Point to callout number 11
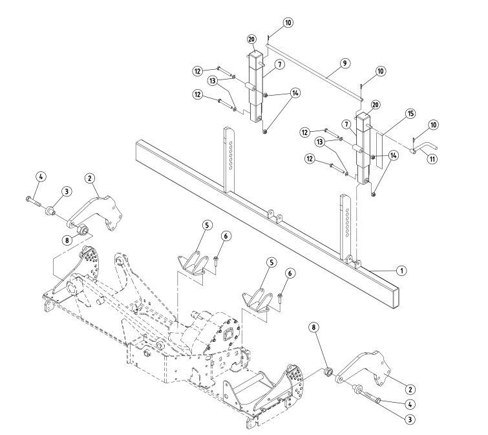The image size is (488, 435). pyautogui.click(x=432, y=158)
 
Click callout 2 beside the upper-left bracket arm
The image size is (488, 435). pyautogui.click(x=90, y=176)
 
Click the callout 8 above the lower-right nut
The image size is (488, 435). pyautogui.click(x=315, y=328)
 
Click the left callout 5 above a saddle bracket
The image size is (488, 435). pyautogui.click(x=206, y=224)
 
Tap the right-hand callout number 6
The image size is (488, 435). pyautogui.click(x=290, y=274)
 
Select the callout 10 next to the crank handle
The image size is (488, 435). pyautogui.click(x=432, y=123)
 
